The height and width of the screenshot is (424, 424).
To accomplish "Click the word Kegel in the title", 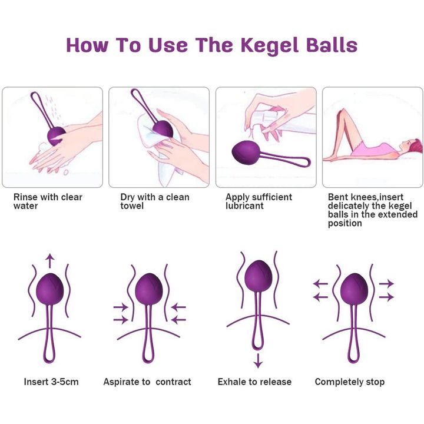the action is (x=270, y=45).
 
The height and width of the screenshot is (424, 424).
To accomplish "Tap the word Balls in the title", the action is (x=332, y=45).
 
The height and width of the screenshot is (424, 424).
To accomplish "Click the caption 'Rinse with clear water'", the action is (x=48, y=201).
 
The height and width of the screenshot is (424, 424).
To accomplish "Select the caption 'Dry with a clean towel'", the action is (x=155, y=201).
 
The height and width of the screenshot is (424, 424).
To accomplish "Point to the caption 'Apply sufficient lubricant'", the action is (x=259, y=201).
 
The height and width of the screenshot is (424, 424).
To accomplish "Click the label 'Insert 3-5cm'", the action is (x=51, y=382).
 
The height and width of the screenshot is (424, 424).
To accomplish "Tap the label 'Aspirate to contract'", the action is (x=147, y=382).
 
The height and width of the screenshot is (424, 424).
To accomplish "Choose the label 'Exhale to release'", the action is (x=254, y=382).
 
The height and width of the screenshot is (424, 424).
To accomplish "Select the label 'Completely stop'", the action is (x=350, y=382).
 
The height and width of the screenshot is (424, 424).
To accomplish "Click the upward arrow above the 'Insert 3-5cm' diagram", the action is (x=49, y=261).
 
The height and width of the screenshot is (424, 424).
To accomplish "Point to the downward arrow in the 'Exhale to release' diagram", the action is (x=259, y=361).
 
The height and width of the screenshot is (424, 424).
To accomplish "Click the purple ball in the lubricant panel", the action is (x=246, y=153).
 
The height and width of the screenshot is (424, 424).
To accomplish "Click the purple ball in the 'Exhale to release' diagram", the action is (x=259, y=276).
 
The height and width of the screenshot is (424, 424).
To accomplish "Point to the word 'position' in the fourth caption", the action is (x=344, y=223).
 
